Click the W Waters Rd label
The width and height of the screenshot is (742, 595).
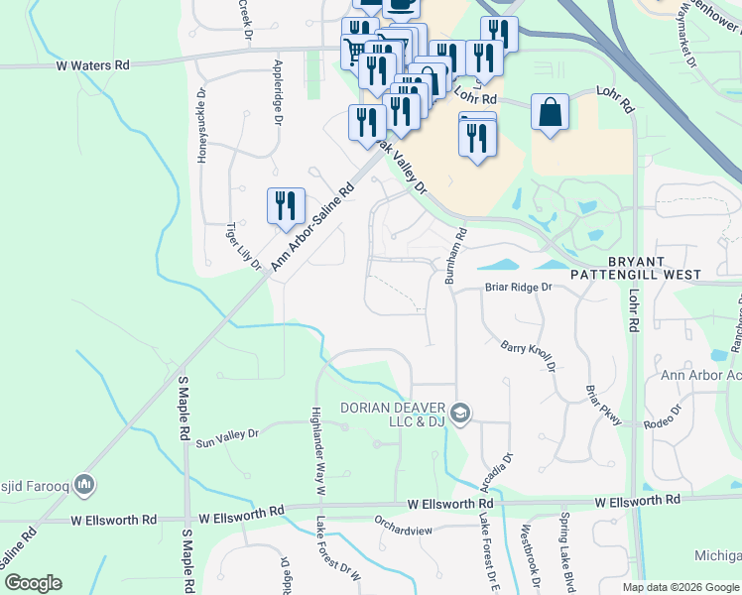pos(92,64)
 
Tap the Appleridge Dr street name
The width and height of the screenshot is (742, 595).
pos(278,95)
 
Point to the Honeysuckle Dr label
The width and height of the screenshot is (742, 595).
pos(202,126)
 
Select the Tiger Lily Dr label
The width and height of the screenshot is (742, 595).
pos(243,246)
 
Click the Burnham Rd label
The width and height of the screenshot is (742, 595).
pos(455,256)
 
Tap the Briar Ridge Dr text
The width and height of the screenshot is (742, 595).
pos(517,288)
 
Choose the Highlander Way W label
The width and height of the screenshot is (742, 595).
pos(318,447)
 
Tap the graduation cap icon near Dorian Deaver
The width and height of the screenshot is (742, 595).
pos(459,413)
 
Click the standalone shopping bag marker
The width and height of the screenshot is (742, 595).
pos(550,112)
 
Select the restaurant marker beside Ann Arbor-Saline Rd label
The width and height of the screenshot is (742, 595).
pos(286,205)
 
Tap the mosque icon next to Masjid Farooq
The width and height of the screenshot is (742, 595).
pos(84,484)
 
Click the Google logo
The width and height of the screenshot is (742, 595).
pos(33,583)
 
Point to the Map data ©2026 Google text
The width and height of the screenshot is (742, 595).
pos(680,587)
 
